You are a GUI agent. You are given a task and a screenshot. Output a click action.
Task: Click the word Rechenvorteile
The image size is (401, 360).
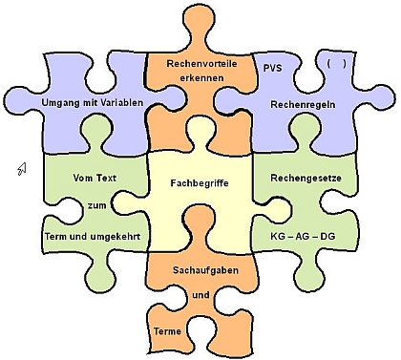tap(200, 64)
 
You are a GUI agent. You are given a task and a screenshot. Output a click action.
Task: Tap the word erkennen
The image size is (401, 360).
tap(200, 79)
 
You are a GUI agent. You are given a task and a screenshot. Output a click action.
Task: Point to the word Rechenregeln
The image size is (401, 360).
tap(302, 103)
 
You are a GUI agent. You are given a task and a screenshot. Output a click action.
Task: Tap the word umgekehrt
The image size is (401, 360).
tap(116, 234)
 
